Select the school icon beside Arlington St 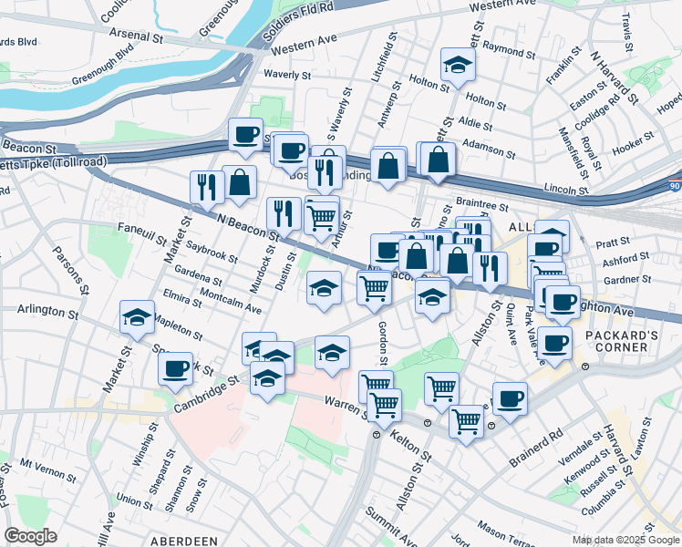pos(137,317)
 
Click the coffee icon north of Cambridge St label pos(176,369)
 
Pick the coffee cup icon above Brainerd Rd pos(510,398)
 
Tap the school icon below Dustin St pos(324,288)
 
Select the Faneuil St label pos(141,234)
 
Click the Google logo pos(30,536)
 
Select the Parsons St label pos(67,265)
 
